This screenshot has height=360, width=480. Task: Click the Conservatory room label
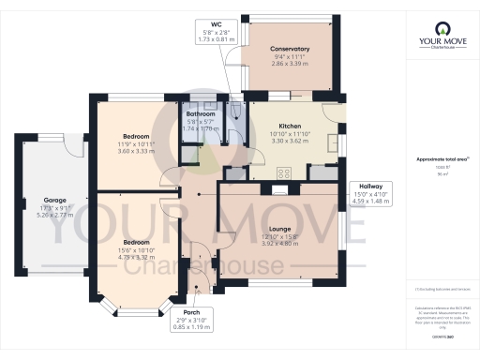pyautogui.click(x=290, y=49)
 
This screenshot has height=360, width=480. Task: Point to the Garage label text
pyautogui.click(x=52, y=200)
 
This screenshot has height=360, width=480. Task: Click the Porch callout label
pyautogui.click(x=191, y=313)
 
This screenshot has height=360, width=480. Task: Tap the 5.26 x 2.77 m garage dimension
pyautogui.click(x=52, y=215)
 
